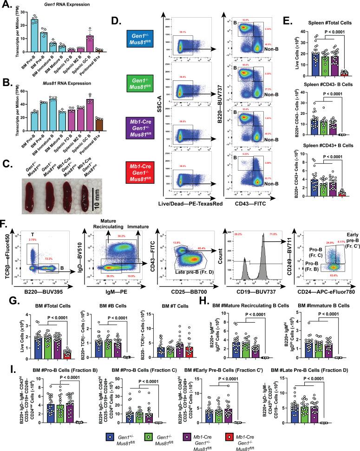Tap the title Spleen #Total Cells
point(321,22)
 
